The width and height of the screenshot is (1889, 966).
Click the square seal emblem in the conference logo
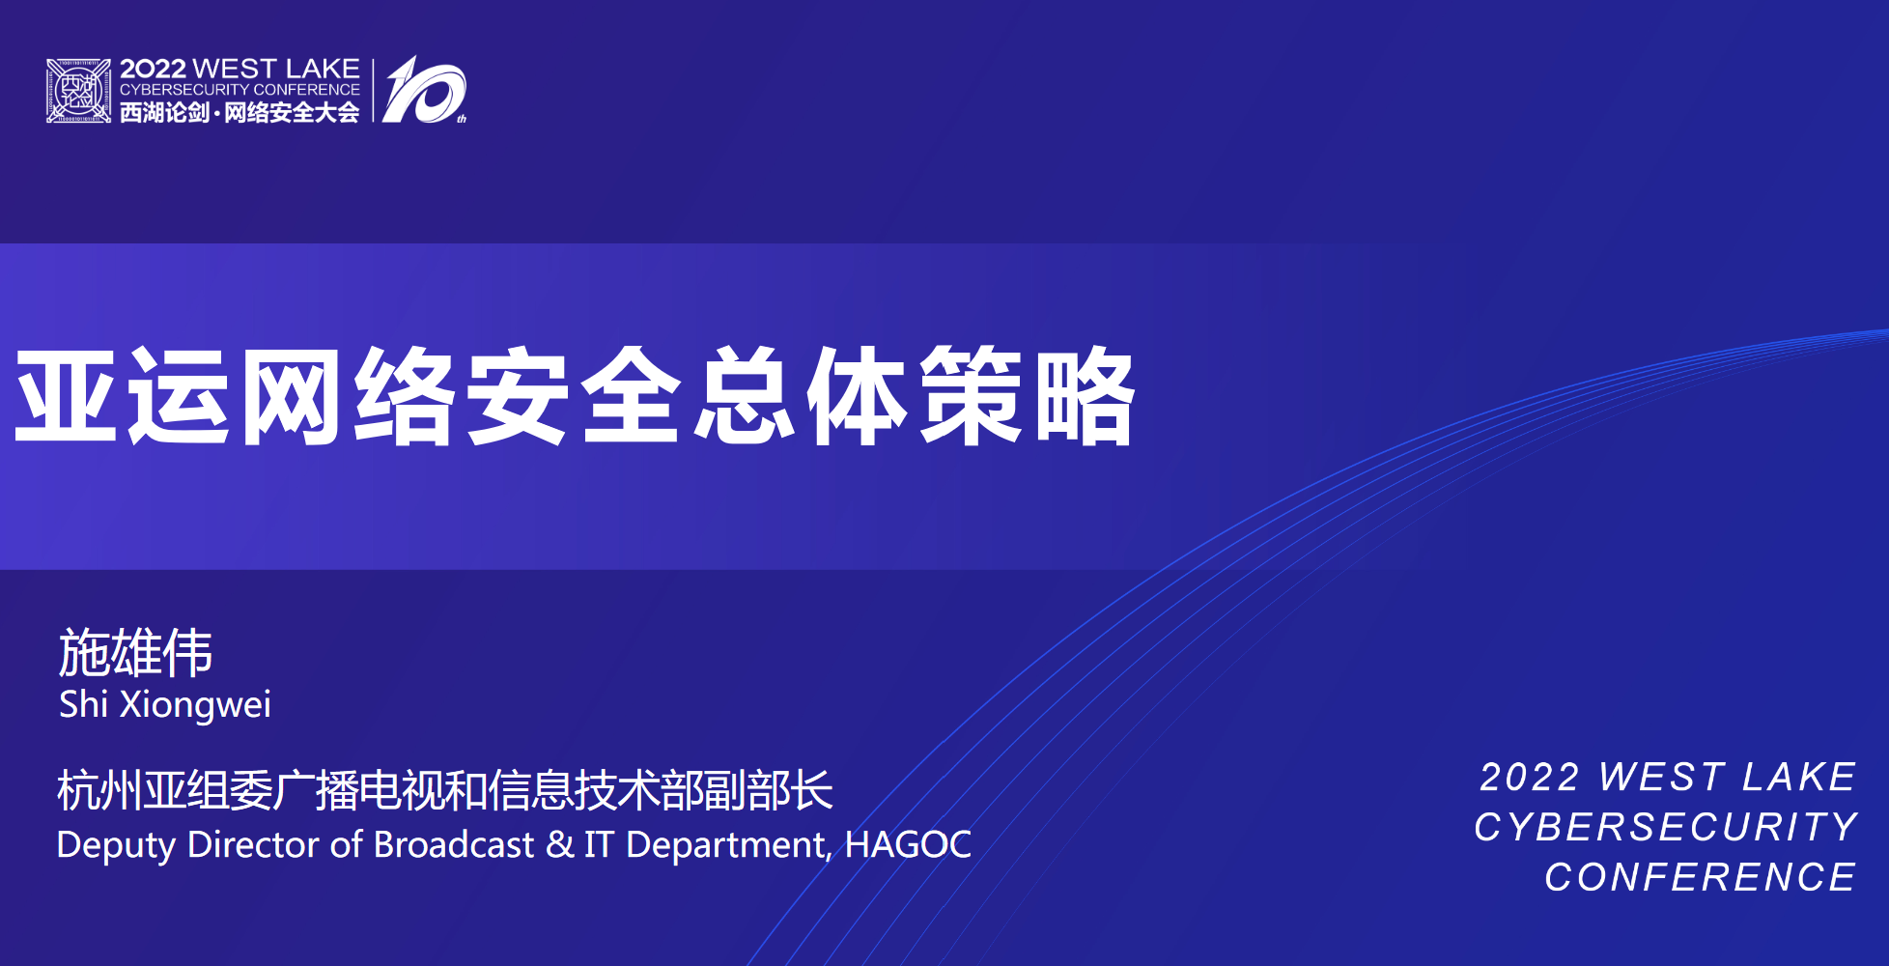pos(78,91)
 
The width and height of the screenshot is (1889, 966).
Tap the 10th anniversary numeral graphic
pos(424,90)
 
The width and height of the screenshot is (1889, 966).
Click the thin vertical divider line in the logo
pos(373,91)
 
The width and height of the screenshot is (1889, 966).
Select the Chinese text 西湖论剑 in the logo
pos(164,113)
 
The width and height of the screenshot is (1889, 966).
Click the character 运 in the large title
pos(180,396)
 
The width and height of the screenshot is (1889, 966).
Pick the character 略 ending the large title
pos(1085,396)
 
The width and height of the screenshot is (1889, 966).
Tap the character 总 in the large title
pos(745,396)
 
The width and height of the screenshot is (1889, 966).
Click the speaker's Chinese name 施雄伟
pos(135,652)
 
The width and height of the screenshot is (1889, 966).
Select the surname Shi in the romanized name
pos(83,703)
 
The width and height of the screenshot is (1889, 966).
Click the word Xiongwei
pos(195,705)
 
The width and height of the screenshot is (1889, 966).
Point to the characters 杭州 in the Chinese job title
pos(99,790)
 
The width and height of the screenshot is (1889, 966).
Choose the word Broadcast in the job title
pos(454,844)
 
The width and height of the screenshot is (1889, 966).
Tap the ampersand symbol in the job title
pos(559,844)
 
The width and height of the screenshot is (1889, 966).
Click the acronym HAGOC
pos(908,844)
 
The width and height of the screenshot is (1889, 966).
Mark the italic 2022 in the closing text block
pos(1530,777)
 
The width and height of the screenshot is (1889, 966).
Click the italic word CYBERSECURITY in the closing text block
pos(1666,827)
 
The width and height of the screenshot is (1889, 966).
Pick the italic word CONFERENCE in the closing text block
pos(1701,877)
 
